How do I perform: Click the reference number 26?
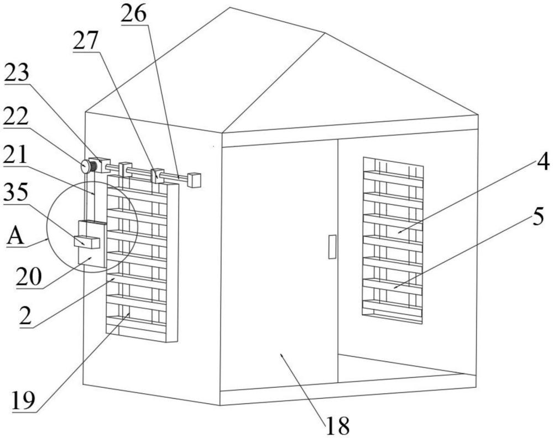(135, 14)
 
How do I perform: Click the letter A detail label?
(16, 238)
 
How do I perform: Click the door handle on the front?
(332, 246)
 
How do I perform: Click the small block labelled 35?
(86, 241)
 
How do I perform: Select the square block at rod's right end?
(194, 180)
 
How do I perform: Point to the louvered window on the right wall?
(393, 240)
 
